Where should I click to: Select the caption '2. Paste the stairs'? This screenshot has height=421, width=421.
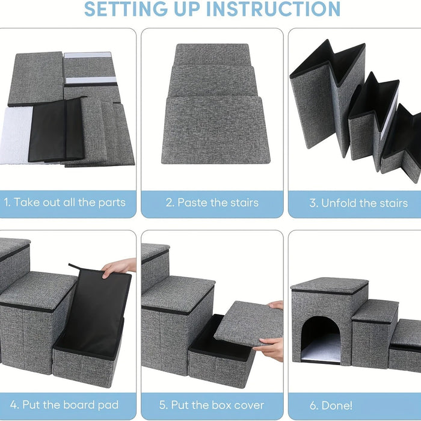pos(212,203)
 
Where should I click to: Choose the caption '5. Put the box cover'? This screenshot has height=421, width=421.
pos(212,404)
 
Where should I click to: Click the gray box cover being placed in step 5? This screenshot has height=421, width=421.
pos(247,324)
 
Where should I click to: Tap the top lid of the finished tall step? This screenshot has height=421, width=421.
pos(329,285)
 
